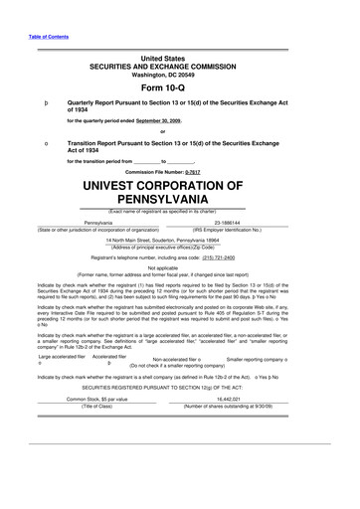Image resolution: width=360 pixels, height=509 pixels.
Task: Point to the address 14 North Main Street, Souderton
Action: point(179,241)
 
